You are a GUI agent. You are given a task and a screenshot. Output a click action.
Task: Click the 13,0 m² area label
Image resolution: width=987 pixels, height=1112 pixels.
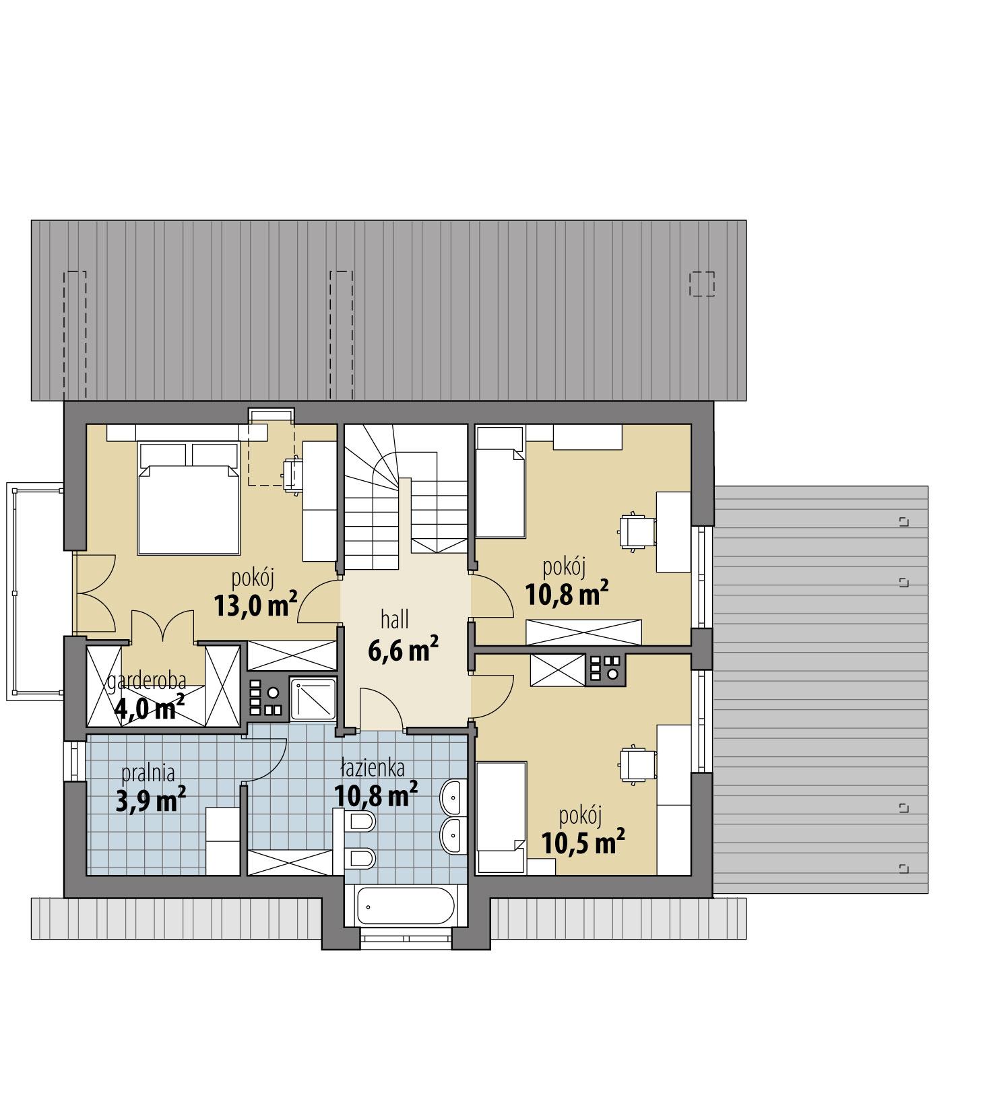255,604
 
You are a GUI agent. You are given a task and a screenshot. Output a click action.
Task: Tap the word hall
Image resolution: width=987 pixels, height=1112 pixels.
394,619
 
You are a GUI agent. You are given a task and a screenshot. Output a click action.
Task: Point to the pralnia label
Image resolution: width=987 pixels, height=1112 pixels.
148,772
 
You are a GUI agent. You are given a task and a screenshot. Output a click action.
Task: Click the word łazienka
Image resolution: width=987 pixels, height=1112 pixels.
373,767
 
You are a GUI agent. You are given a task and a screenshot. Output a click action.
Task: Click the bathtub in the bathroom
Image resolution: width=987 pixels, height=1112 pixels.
405,905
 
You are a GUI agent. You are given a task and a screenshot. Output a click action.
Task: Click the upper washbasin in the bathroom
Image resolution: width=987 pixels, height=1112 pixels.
452,797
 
